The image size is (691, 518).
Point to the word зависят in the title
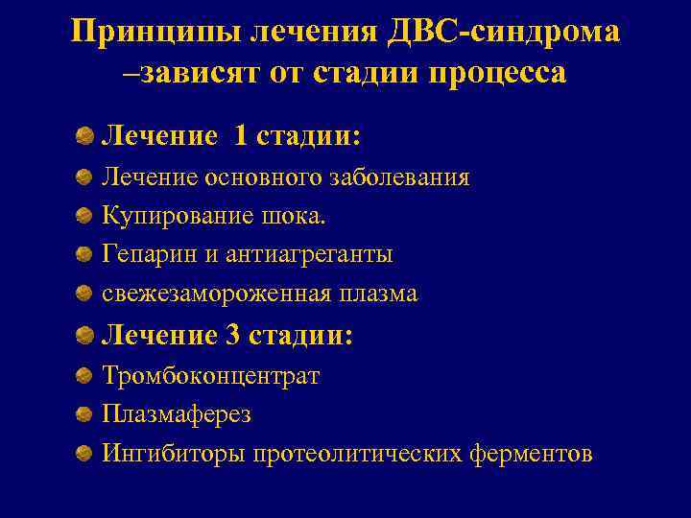point(192,73)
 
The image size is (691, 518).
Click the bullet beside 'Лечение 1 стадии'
point(85,136)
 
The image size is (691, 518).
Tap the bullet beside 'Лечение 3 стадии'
point(85,336)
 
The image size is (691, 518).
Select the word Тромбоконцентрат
point(211,376)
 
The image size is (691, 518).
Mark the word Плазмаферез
point(177,414)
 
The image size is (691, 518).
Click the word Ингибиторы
point(174,454)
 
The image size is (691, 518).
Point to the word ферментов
point(532,454)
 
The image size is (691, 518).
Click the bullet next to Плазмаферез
point(85,414)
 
